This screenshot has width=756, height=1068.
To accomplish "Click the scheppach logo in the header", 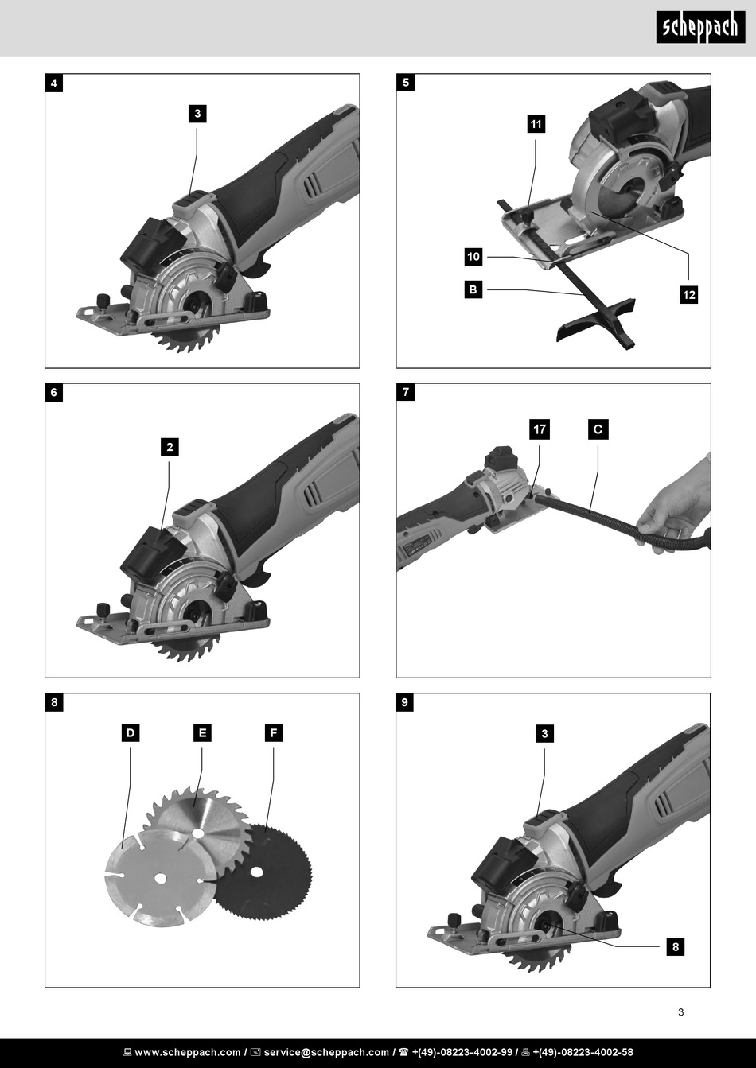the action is (700, 27).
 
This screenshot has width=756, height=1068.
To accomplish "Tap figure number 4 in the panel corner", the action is (54, 83).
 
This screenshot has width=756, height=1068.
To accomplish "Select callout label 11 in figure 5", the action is (536, 124).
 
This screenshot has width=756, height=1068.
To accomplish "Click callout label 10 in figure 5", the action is (473, 257).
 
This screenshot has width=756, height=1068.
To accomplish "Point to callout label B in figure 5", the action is (473, 289).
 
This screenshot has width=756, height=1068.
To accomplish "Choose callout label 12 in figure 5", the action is (688, 295).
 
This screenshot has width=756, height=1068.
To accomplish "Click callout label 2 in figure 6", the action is (170, 447).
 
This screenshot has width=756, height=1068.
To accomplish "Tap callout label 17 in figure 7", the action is (540, 429).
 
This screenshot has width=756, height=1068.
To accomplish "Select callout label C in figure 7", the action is (598, 429).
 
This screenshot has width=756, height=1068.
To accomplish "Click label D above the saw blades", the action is (131, 732).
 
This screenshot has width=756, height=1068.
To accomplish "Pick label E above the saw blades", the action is (202, 732).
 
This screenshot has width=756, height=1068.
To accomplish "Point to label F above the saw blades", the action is (274, 732).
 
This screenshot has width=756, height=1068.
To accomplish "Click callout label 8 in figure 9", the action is (676, 946).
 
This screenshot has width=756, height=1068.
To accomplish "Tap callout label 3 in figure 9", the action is (544, 733).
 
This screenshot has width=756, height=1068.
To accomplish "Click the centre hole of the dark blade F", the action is (258, 872).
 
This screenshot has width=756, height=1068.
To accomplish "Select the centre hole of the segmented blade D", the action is (161, 878).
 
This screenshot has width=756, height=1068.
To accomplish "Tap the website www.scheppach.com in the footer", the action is (188, 1052).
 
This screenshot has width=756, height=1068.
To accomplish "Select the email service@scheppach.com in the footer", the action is (326, 1052).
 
